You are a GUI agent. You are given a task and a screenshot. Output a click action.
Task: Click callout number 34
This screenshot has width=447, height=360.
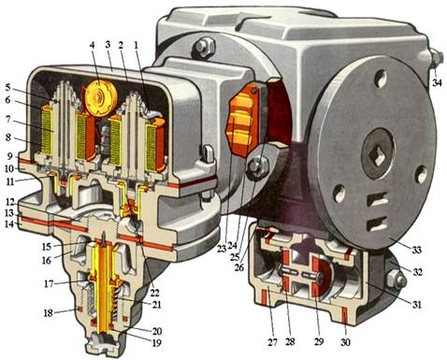(437, 82)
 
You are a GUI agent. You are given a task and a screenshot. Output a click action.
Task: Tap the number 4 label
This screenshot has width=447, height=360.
(92, 45)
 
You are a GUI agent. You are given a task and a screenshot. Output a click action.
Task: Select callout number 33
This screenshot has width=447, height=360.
(416, 250)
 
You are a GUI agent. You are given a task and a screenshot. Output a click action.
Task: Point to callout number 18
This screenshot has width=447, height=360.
(48, 312)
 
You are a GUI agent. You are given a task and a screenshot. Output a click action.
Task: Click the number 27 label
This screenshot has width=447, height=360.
(272, 342)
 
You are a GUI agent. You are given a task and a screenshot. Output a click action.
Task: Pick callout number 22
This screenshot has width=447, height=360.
(154, 293)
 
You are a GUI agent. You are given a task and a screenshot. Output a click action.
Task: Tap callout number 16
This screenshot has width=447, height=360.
(47, 260)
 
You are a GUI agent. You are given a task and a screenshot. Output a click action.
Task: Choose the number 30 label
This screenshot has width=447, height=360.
(345, 342)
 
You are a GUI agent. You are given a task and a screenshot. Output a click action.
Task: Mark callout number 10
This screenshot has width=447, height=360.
(8, 168)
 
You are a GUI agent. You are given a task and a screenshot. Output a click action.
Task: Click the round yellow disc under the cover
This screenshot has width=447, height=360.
(100, 98)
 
